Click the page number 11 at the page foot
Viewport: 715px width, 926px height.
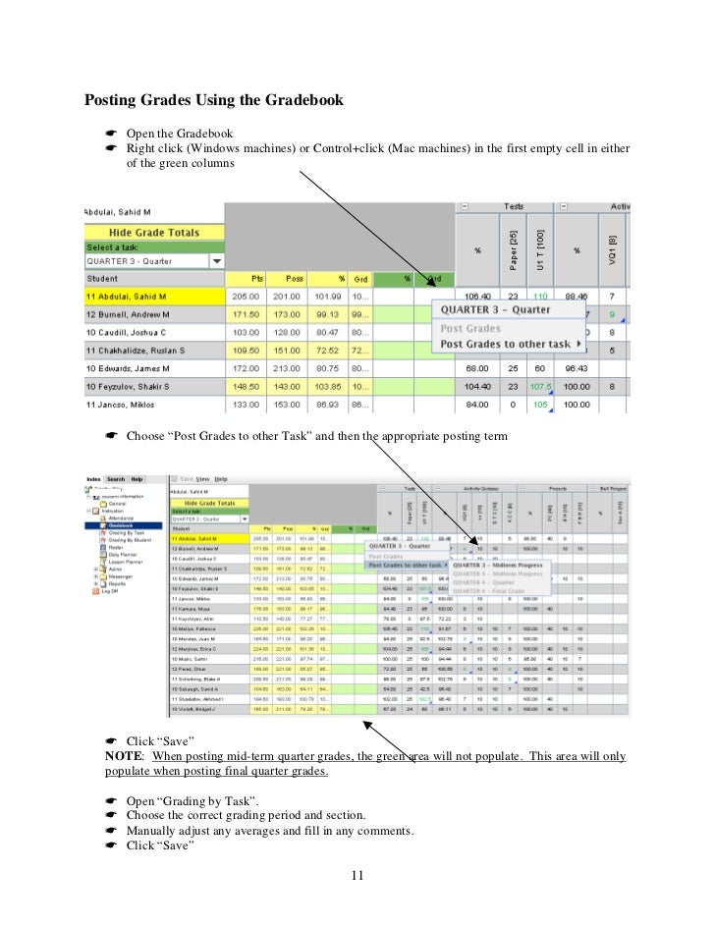[357, 873]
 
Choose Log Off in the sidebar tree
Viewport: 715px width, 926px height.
[112, 592]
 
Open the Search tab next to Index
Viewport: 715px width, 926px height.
[116, 479]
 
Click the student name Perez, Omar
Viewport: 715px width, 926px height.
[192, 670]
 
